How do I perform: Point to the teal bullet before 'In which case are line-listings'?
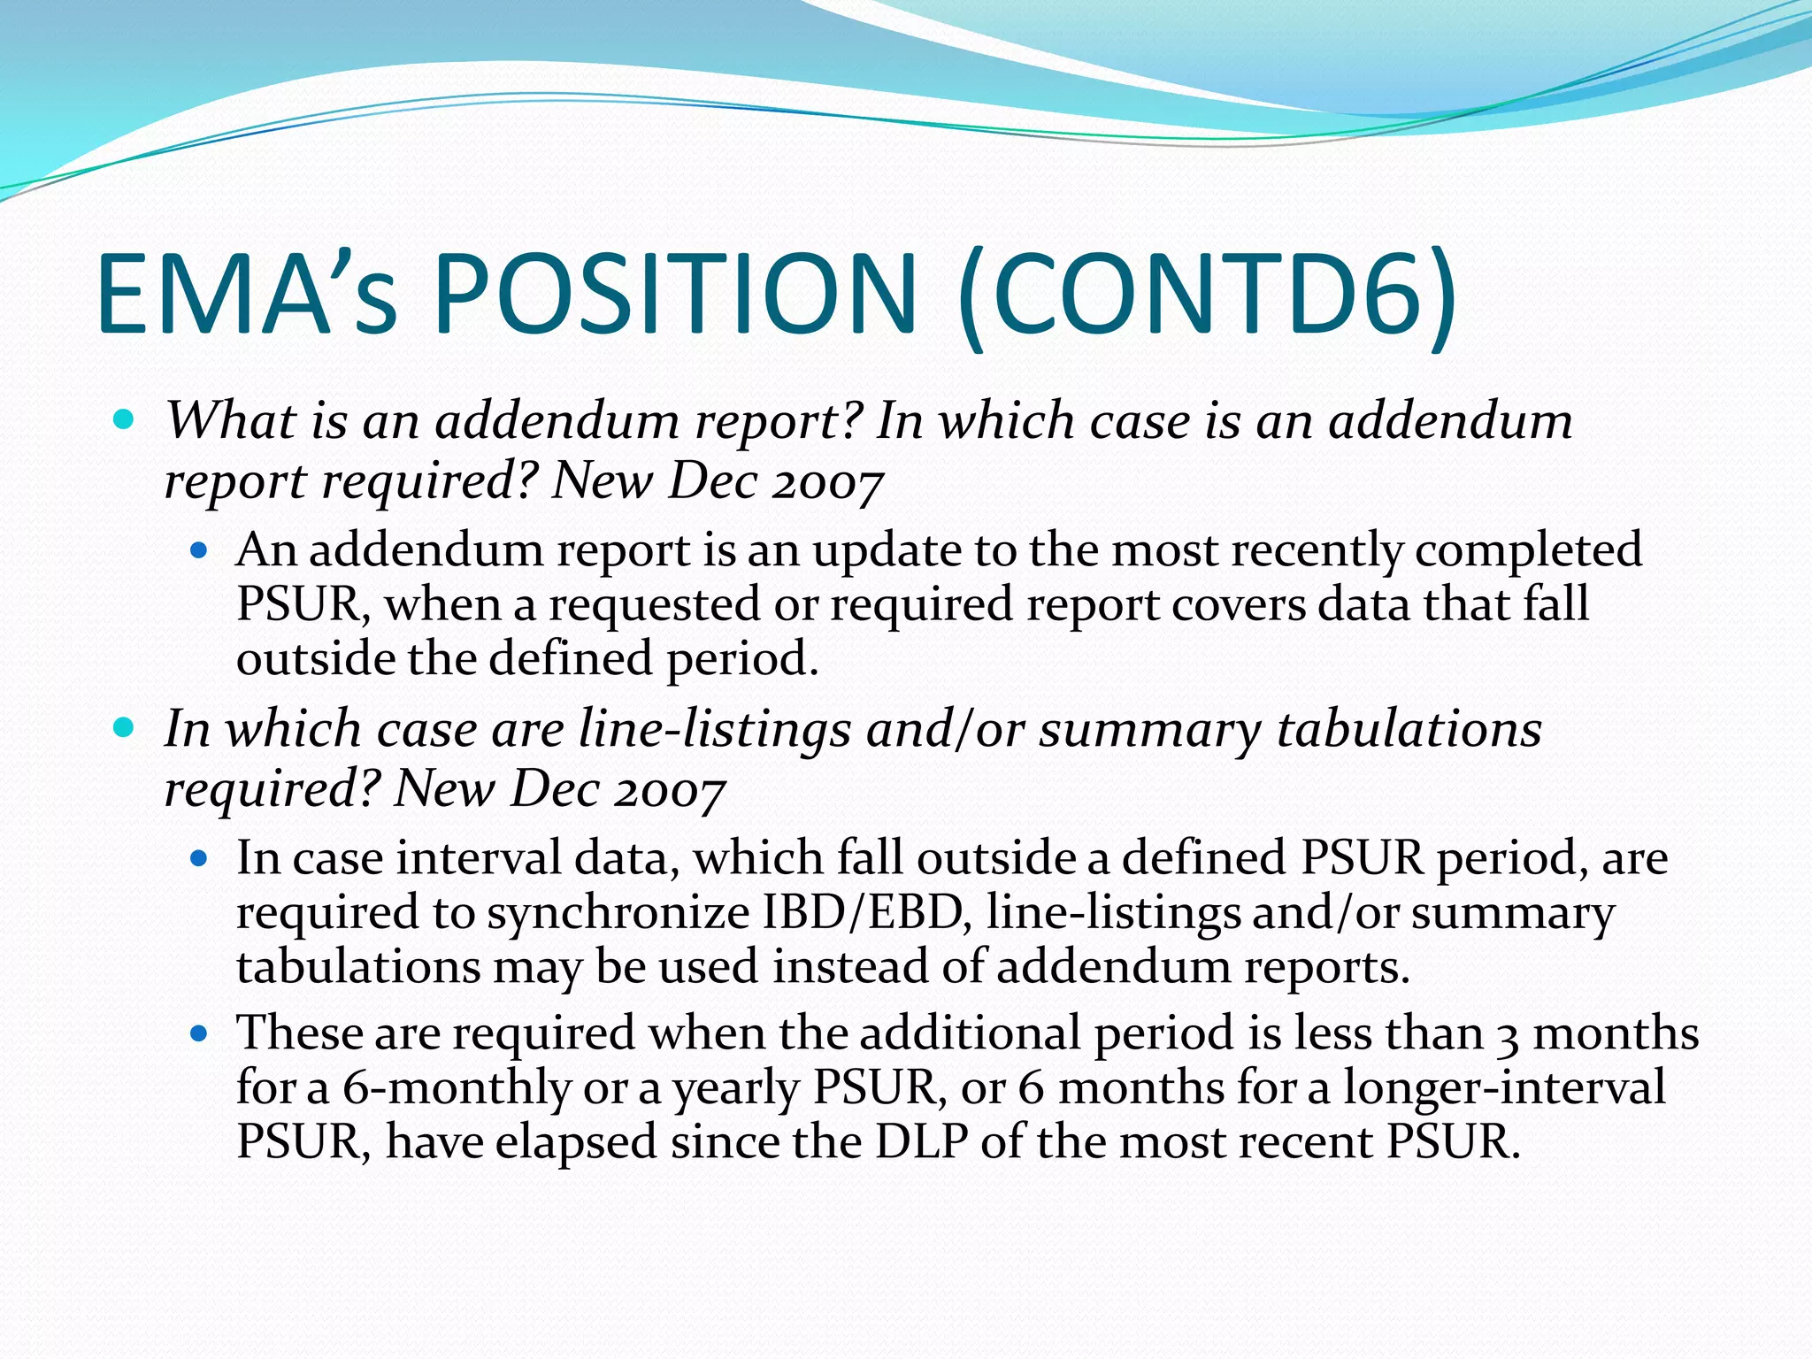pyautogui.click(x=125, y=727)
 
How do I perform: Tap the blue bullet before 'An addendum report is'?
pyautogui.click(x=199, y=550)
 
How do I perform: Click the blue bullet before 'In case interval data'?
pyautogui.click(x=199, y=858)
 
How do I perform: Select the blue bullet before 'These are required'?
pyautogui.click(x=199, y=1033)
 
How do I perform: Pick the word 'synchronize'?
pyautogui.click(x=618, y=912)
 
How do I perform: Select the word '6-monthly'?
pyautogui.click(x=456, y=1087)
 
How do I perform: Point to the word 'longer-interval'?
pyautogui.click(x=1504, y=1087)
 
